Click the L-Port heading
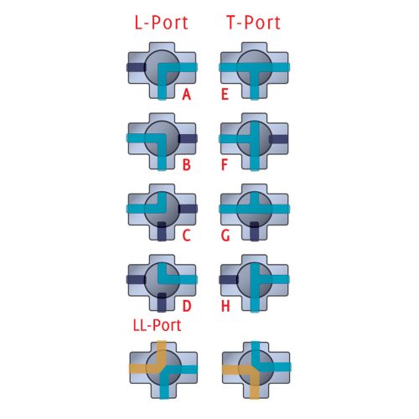[x=161, y=23]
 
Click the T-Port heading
[x=254, y=23]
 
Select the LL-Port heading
[x=157, y=325]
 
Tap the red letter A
[x=187, y=94]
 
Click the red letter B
[x=187, y=164]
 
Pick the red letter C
[x=187, y=235]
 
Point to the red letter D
[x=187, y=306]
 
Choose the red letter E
[x=225, y=94]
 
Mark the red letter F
[x=225, y=164]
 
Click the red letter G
[x=225, y=235]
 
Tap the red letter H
[x=225, y=306]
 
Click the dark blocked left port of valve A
[x=136, y=67]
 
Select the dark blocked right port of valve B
[x=188, y=138]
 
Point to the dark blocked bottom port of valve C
[x=162, y=231]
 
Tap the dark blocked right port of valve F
[x=278, y=139]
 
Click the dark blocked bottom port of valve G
[x=254, y=231]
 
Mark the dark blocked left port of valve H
[x=229, y=279]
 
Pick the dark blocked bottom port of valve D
[x=162, y=303]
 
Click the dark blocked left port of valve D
[x=136, y=279]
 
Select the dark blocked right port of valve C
[x=188, y=209]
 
